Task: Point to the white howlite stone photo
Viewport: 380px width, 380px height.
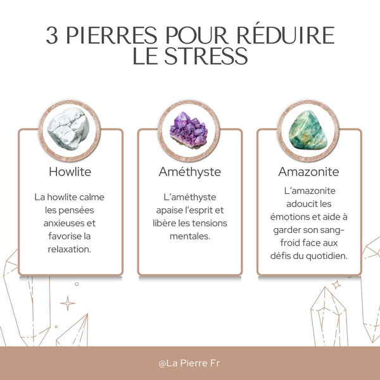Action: tap(70, 129)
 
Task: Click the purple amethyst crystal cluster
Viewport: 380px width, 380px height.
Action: tap(189, 130)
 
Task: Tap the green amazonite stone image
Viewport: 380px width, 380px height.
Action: tap(308, 130)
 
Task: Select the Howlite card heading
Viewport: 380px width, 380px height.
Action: tap(70, 172)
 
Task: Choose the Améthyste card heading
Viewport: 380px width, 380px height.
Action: tap(189, 172)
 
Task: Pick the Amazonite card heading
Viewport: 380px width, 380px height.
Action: tap(308, 172)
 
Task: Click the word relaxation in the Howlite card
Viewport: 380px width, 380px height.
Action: tap(70, 249)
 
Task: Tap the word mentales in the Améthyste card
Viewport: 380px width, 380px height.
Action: tap(189, 236)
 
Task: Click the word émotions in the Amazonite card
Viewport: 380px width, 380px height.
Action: tap(296, 217)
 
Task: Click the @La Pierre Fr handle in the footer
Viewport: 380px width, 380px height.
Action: tap(189, 364)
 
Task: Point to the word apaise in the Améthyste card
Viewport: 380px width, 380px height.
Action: tap(170, 210)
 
